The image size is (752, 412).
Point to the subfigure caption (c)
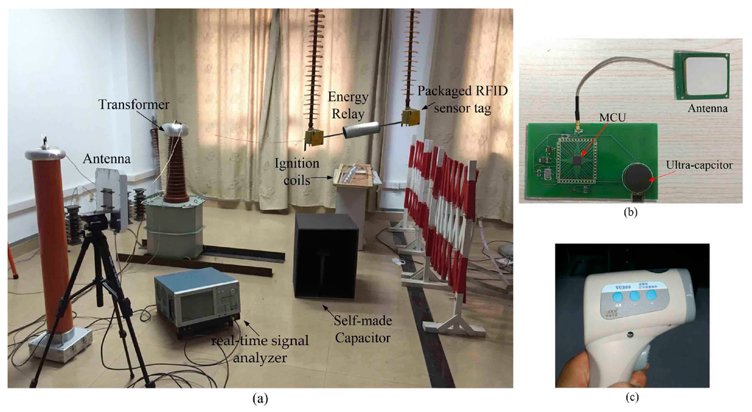click(632, 398)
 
